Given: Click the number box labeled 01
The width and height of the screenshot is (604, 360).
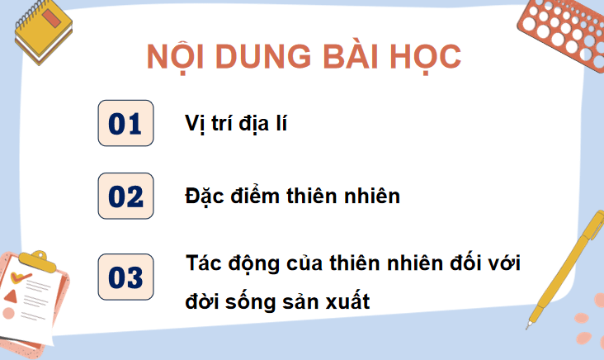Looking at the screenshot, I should coord(125,124).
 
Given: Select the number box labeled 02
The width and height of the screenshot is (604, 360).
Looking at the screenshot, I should coord(125,197).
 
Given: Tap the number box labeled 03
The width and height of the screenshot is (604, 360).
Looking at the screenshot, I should coord(125,277).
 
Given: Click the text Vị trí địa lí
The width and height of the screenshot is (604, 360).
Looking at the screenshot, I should coord(235,125).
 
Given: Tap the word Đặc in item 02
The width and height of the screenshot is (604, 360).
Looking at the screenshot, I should coord(205,197).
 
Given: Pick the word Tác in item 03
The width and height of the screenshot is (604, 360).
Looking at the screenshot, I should coord(205,264).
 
